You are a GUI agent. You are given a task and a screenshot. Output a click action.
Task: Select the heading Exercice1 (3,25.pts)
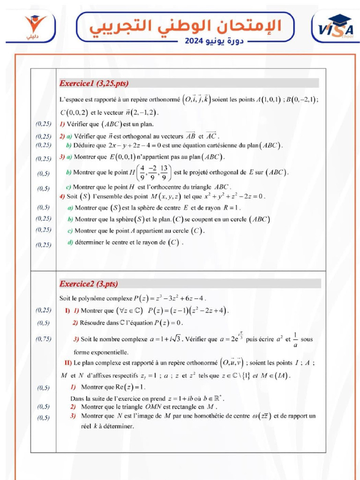94,83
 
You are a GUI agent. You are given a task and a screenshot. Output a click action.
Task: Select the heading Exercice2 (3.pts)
89,284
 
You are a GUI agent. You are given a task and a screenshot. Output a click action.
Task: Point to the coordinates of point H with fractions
153,172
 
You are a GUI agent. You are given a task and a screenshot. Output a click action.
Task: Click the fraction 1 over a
295,338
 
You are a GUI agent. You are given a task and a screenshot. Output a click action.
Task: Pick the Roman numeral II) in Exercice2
68,362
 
